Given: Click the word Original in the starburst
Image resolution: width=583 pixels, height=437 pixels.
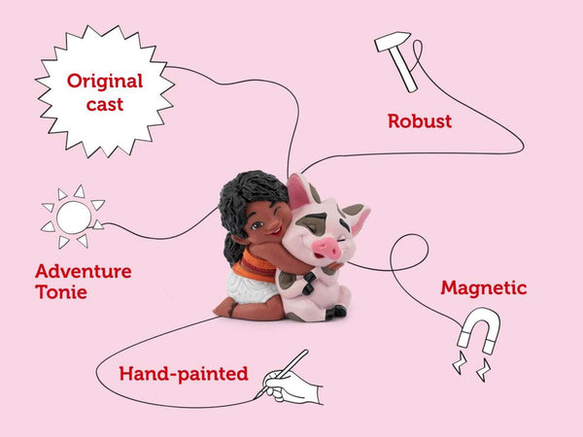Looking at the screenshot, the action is pyautogui.click(x=105, y=82).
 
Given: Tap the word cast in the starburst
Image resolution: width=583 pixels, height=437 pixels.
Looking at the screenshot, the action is pyautogui.click(x=105, y=105).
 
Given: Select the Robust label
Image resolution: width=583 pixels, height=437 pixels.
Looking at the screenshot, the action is pyautogui.click(x=420, y=121).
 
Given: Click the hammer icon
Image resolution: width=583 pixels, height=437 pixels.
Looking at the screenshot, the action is pyautogui.click(x=397, y=60).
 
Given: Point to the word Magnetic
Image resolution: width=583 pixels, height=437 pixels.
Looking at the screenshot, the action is pyautogui.click(x=484, y=288).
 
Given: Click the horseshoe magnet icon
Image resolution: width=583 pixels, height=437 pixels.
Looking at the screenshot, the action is pyautogui.click(x=478, y=331).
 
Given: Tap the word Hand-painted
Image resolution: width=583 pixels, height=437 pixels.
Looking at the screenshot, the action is pyautogui.click(x=184, y=374).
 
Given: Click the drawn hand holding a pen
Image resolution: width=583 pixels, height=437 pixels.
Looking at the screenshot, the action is pyautogui.click(x=290, y=383).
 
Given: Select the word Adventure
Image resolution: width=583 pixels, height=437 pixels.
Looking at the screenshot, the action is pyautogui.click(x=84, y=271).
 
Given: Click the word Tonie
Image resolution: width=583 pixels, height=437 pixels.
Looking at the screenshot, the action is pyautogui.click(x=61, y=292).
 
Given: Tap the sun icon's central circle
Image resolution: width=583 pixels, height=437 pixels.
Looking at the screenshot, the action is pyautogui.click(x=74, y=218).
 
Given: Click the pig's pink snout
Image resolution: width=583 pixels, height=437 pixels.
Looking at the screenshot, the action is pyautogui.click(x=326, y=248).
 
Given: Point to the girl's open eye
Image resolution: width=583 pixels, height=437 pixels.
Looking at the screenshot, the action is pyautogui.click(x=257, y=225).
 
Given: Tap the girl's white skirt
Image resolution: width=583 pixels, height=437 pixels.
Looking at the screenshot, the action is pyautogui.click(x=250, y=287).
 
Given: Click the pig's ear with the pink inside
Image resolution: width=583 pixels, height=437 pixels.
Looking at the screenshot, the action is pyautogui.click(x=299, y=191).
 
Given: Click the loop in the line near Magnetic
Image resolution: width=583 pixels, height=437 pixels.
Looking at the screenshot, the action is pyautogui.click(x=409, y=252).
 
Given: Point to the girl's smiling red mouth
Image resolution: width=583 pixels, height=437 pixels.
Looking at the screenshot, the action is pyautogui.click(x=276, y=231).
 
